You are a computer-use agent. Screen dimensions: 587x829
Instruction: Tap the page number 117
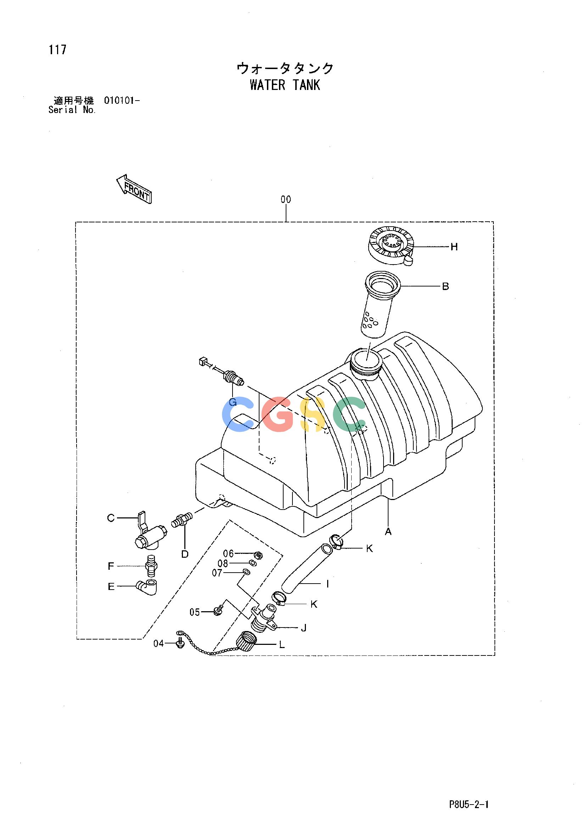(58, 50)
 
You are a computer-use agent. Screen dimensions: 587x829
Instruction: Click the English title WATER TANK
(285, 85)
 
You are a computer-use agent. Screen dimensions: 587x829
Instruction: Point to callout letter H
(454, 247)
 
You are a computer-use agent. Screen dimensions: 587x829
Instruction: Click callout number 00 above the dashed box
(286, 199)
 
